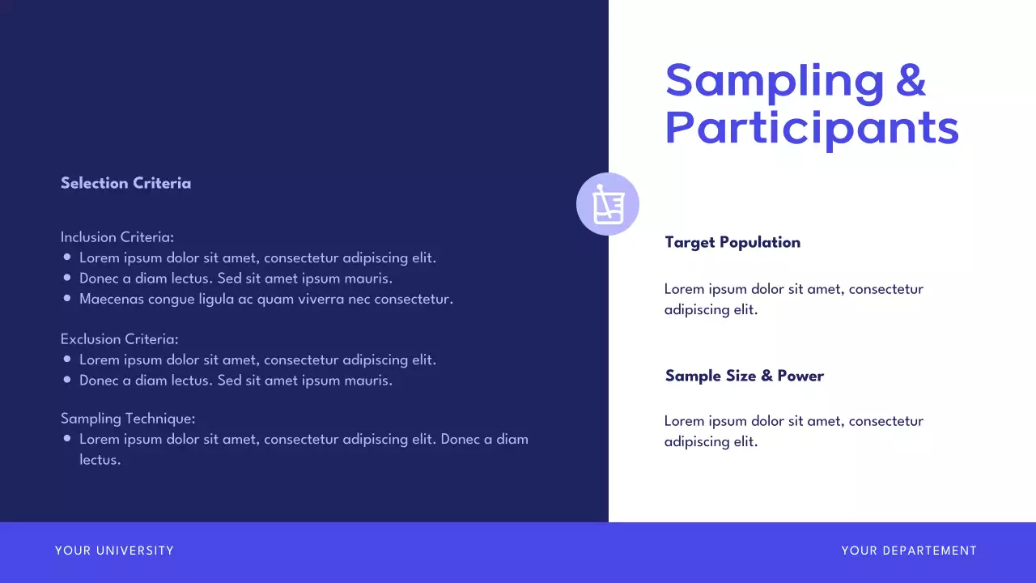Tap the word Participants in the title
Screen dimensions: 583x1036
click(812, 128)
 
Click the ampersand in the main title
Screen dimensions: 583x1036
click(911, 80)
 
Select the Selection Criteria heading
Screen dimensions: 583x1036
click(125, 183)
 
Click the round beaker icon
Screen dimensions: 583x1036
click(608, 204)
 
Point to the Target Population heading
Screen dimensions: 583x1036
click(732, 242)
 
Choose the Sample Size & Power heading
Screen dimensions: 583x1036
click(744, 376)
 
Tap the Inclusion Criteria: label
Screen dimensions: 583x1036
click(117, 237)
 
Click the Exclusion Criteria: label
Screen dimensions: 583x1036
click(119, 339)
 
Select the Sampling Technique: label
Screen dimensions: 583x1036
click(128, 419)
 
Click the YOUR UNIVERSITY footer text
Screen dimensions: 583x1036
click(114, 551)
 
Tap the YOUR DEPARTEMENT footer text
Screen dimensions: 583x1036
click(909, 551)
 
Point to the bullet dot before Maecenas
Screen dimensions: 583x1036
click(67, 299)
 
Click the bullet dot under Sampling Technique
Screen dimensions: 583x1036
click(67, 439)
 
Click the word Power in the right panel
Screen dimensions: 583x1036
click(800, 376)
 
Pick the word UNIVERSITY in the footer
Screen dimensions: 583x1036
click(135, 551)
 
